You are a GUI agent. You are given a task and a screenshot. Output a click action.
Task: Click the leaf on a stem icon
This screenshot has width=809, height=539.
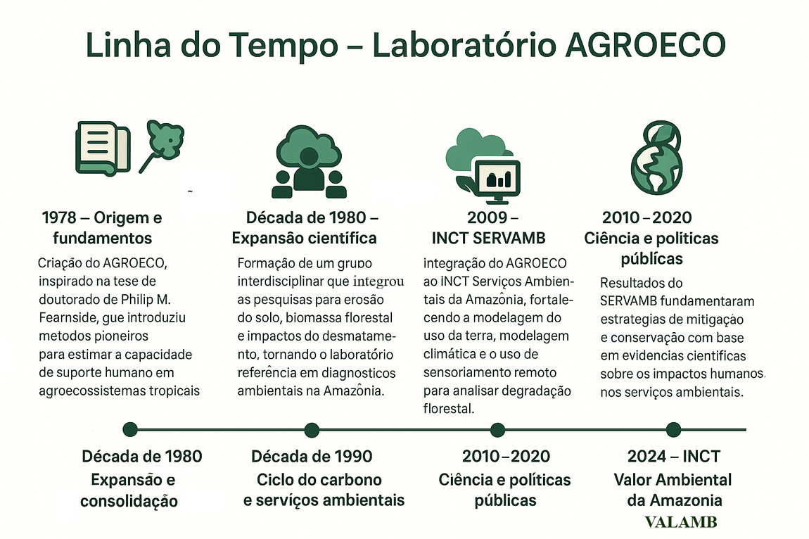pos(163,144)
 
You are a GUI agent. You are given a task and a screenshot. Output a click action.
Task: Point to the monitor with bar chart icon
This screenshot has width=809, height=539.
pos(497,177)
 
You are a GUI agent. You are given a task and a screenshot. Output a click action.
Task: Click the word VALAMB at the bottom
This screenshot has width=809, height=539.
pos(681,523)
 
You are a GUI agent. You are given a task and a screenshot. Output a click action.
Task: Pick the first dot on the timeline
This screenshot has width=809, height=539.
pos(129,429)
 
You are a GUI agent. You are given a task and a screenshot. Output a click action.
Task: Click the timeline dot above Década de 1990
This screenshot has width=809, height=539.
pos(312,429)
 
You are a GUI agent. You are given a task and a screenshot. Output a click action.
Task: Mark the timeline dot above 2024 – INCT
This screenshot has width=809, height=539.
pos(673,429)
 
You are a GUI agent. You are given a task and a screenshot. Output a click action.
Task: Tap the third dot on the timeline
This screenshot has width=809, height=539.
pos(497,429)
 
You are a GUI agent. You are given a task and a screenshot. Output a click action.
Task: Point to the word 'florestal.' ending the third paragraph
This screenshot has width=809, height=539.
pos(449,409)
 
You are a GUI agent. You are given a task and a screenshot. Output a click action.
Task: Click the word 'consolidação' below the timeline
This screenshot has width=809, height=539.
pos(129,502)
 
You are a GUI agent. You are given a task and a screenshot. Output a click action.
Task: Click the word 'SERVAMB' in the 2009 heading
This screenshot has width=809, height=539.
pos(514,238)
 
